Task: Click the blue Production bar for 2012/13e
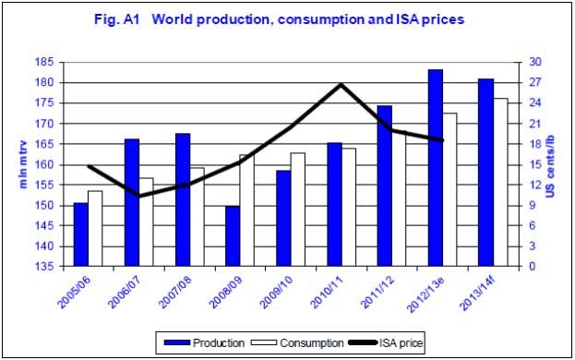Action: pos(436,168)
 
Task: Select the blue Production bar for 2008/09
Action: pos(233,236)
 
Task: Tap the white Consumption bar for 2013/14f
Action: pos(500,182)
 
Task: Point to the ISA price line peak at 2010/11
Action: pos(341,85)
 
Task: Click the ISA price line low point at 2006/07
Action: pos(139,196)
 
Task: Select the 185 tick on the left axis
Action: pos(44,62)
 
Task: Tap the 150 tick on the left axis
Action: pos(44,206)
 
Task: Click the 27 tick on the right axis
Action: pos(535,82)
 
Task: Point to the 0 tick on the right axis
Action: pos(533,267)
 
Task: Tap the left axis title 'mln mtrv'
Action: pos(23,164)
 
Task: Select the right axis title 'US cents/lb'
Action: pos(551,167)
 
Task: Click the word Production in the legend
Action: pos(219,343)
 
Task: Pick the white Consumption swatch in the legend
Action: pos(264,342)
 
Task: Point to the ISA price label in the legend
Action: pos(401,343)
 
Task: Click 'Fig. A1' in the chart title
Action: pos(117,19)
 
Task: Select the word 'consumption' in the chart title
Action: pos(321,19)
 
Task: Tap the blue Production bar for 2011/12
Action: pos(385,186)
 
